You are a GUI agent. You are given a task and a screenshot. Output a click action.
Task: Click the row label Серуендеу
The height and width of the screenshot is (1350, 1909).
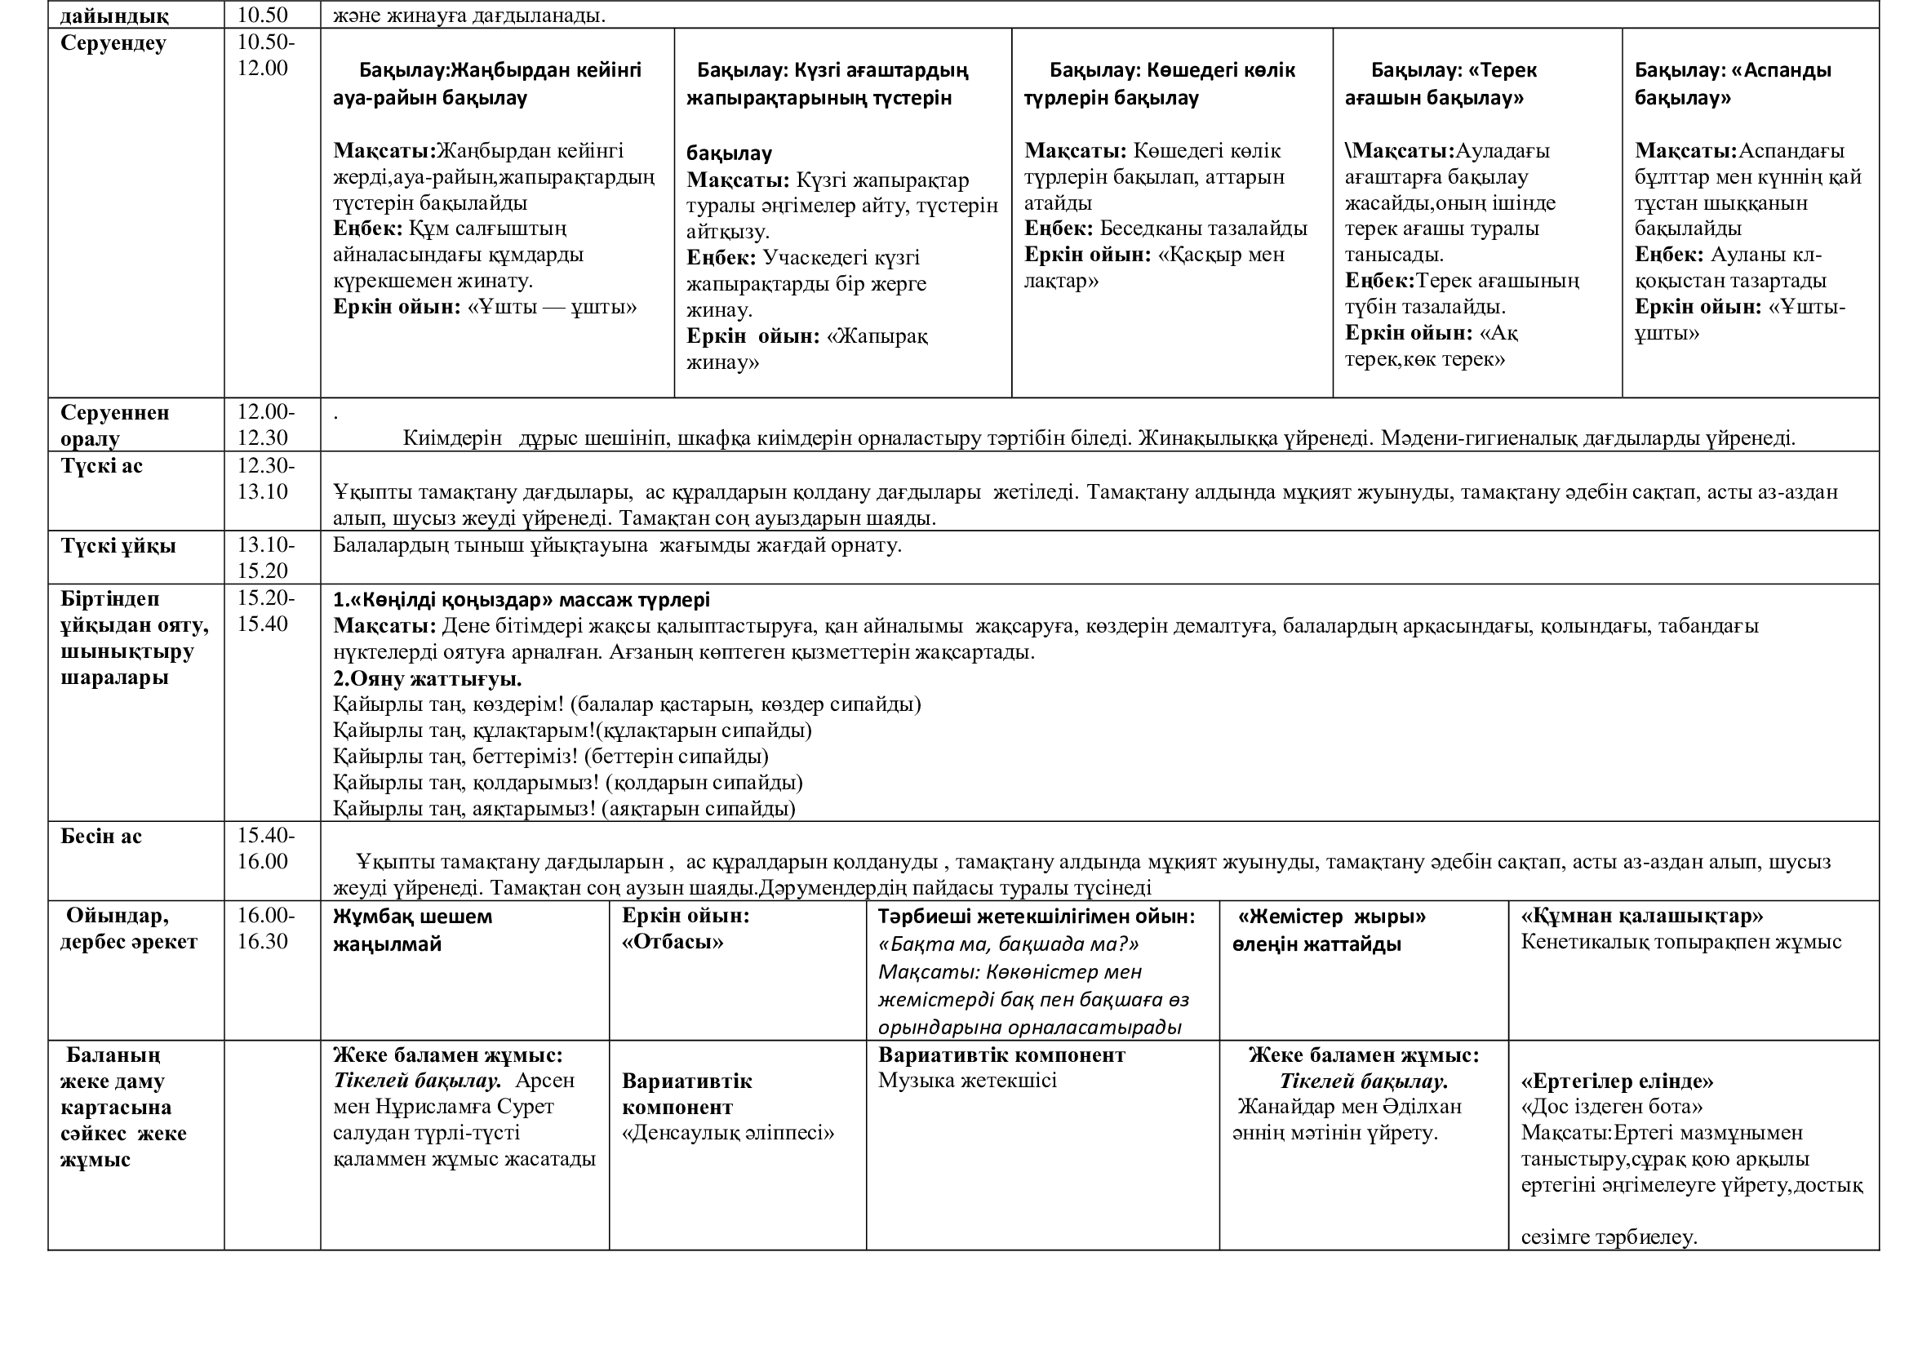coord(113,43)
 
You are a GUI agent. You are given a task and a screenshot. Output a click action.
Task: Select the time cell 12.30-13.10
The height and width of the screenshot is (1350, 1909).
coord(266,479)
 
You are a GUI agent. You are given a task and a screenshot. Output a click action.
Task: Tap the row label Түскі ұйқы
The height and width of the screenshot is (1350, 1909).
coord(118,546)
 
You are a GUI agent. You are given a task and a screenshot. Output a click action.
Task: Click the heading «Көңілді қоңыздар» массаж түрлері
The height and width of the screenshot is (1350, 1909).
coord(522,599)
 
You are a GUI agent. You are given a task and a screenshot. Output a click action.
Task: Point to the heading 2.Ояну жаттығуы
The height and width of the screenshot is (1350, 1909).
coord(428,678)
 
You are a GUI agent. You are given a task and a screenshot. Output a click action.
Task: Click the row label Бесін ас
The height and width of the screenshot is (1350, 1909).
coord(101,837)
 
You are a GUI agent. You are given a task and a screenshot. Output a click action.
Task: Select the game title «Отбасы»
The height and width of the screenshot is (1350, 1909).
coord(673,942)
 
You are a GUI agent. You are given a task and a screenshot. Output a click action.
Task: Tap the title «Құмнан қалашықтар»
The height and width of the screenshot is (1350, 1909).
coord(1642,916)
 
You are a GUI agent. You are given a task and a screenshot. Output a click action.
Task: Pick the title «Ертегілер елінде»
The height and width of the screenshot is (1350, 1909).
coord(1617,1081)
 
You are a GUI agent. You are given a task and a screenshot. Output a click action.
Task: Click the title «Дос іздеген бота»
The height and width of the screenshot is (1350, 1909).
coord(1611,1107)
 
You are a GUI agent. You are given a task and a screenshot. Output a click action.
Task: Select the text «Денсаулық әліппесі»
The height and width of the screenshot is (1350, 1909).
coord(727,1133)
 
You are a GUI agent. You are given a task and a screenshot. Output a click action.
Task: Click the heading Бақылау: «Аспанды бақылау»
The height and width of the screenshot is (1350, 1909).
coord(1733,83)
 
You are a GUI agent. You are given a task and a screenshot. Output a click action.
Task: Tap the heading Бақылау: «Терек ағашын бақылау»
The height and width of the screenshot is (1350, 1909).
coord(1440,83)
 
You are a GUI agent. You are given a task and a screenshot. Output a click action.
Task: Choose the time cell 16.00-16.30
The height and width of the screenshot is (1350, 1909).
coord(266,929)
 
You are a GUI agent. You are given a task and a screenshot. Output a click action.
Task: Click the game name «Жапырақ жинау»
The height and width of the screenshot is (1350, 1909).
coord(806,349)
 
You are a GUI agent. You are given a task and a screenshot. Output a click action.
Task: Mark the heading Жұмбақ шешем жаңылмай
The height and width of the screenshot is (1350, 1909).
coord(412,930)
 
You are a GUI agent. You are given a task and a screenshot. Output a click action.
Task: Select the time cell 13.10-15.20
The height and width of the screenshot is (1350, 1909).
coord(266,557)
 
